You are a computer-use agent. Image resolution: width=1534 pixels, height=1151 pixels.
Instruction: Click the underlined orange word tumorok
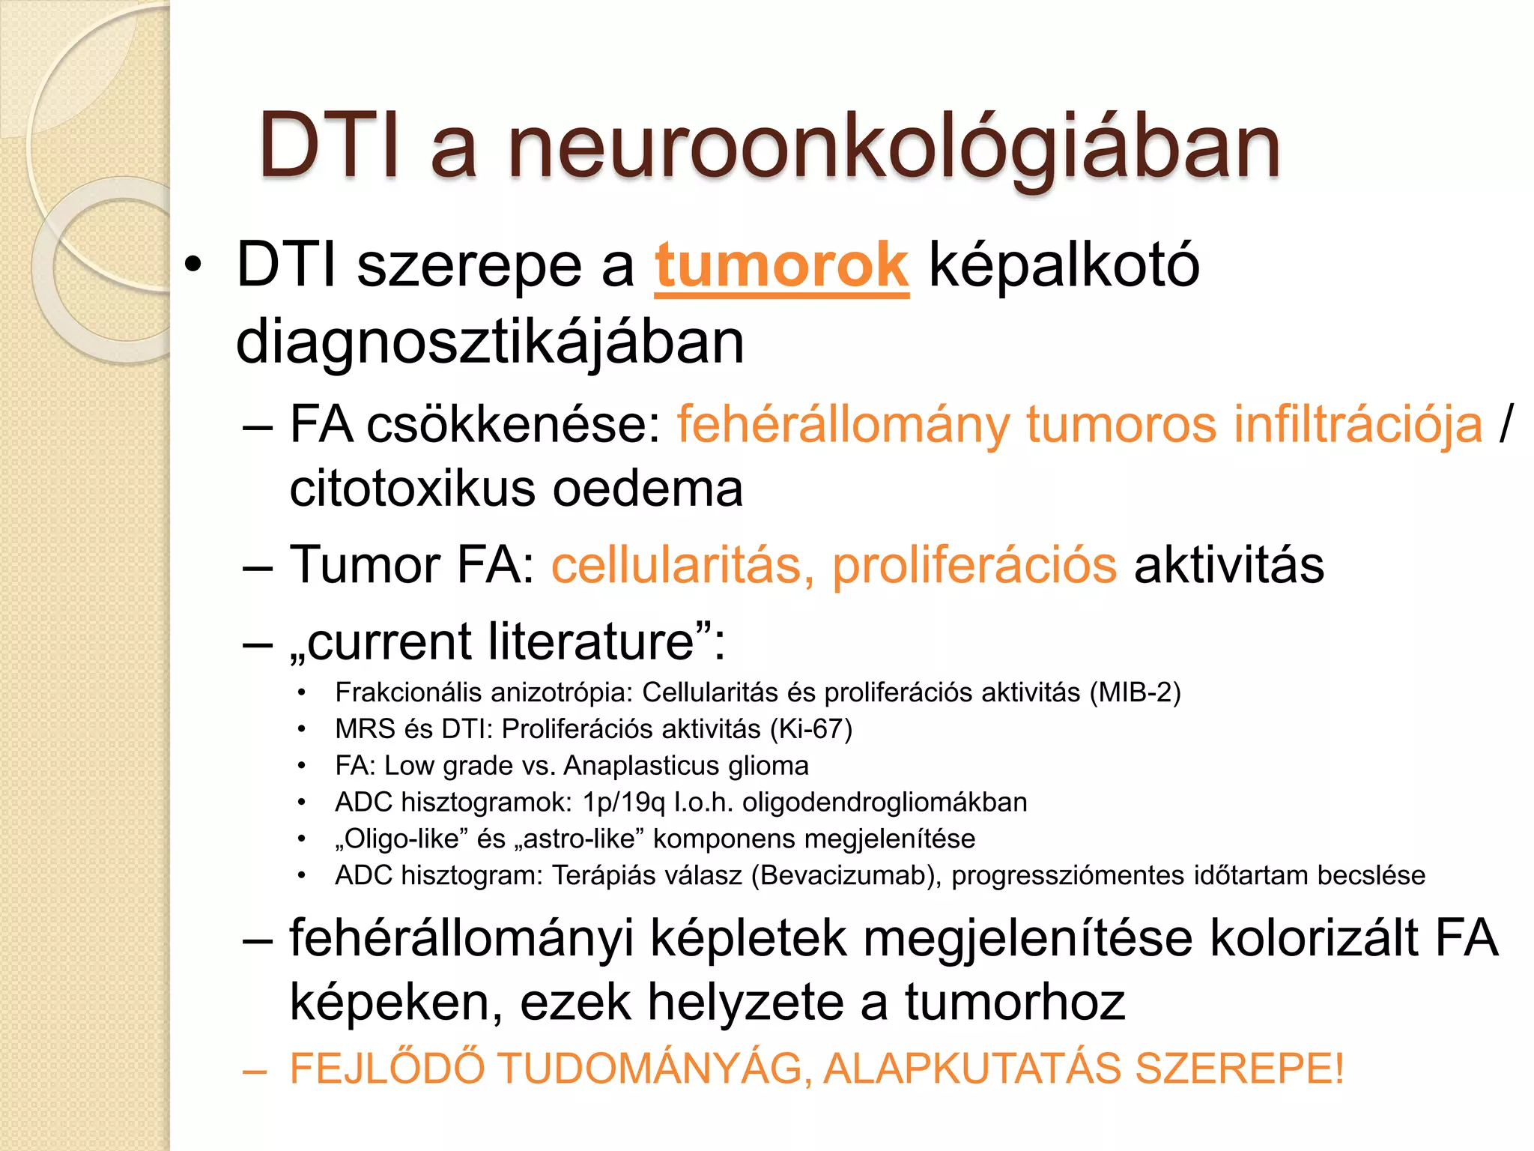click(x=781, y=265)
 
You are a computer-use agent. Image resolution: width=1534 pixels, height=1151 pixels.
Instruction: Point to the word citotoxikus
click(x=413, y=489)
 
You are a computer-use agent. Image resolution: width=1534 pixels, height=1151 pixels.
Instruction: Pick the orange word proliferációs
click(x=974, y=565)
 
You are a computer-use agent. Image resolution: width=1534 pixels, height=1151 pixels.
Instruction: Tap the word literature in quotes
click(x=592, y=641)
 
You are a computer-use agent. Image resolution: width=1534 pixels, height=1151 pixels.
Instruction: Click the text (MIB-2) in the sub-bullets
click(x=1135, y=692)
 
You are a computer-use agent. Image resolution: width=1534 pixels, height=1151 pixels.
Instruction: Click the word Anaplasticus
click(x=631, y=766)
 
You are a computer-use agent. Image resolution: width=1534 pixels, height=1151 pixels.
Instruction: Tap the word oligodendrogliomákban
click(x=885, y=803)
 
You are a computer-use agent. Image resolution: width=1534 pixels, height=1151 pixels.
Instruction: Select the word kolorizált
click(x=1315, y=938)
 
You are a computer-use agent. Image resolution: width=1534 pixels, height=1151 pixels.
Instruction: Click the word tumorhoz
click(x=1015, y=1003)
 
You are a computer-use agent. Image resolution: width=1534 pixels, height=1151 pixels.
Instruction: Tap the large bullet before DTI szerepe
click(x=193, y=266)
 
